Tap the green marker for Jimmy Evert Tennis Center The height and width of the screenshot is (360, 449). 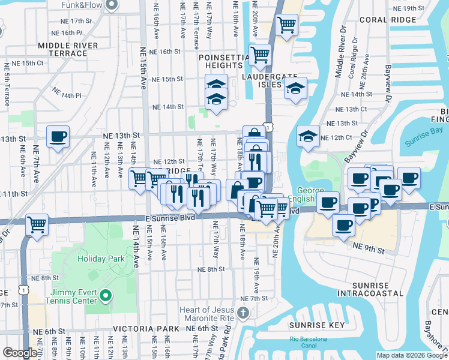point(106,295)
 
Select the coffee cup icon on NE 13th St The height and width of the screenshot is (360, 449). point(58,137)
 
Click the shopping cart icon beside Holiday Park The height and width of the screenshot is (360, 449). point(37,225)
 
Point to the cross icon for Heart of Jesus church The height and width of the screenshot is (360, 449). point(242,312)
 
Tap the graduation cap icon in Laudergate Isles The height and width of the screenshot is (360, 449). point(295,88)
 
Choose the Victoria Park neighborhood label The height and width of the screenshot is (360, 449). point(146,329)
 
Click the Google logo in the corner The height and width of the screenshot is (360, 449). point(20,353)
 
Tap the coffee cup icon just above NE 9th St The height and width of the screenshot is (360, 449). point(344,226)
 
